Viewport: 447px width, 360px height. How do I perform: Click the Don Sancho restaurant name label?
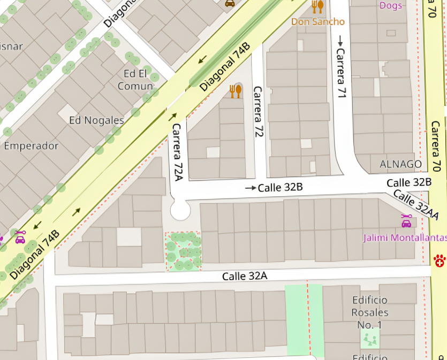pos(318,21)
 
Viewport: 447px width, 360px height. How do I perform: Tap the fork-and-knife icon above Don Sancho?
pos(318,6)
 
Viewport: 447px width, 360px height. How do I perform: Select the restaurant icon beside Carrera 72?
pos(236,91)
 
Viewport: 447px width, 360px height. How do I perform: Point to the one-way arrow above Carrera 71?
pos(340,40)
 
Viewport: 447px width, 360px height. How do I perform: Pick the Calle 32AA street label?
pos(416,204)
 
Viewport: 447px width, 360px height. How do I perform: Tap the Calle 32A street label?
pos(244,275)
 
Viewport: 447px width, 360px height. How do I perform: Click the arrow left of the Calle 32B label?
pos(251,188)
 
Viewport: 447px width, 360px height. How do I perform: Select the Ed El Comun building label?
pos(135,80)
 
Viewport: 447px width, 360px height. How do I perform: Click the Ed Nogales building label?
pos(96,120)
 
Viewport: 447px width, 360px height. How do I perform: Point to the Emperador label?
pos(31,145)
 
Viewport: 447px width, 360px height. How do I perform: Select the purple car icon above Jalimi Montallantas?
pos(406,221)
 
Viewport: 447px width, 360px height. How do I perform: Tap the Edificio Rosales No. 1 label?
pos(370,312)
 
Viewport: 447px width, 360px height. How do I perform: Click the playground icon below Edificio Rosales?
pos(370,339)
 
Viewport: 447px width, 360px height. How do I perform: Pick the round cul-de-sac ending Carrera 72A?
pos(180,210)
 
